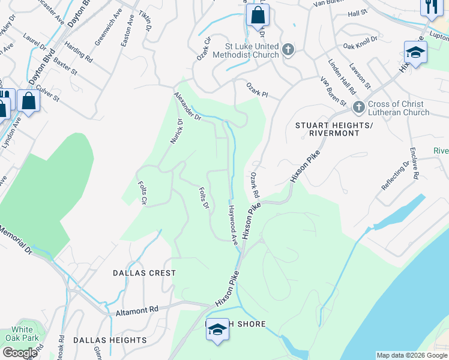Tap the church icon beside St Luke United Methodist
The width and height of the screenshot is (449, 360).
click(x=288, y=50)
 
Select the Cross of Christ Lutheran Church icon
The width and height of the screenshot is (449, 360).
click(x=359, y=107)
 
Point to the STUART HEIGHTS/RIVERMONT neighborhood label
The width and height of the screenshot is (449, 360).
click(x=334, y=129)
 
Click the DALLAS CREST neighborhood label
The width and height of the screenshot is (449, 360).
click(x=144, y=272)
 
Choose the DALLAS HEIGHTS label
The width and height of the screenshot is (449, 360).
click(x=110, y=340)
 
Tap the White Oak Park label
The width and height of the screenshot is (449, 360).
click(x=22, y=334)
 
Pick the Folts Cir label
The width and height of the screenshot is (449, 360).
click(x=143, y=193)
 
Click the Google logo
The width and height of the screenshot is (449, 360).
click(x=20, y=353)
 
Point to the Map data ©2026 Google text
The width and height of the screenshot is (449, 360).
click(x=411, y=355)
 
